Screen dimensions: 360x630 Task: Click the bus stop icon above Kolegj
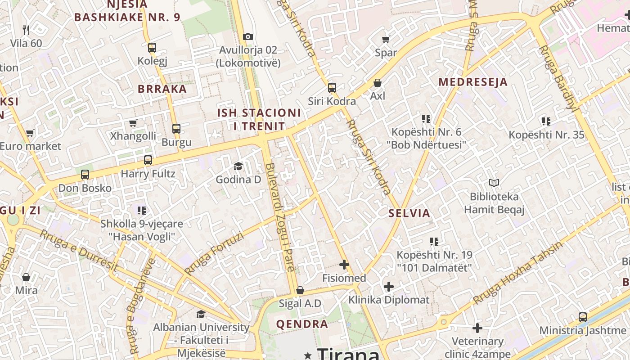(x=152, y=47)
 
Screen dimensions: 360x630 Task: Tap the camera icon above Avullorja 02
(x=247, y=36)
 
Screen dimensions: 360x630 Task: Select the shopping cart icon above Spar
(x=386, y=40)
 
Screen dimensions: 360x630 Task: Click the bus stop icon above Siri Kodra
(x=332, y=88)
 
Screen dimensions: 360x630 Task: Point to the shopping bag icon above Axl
(x=378, y=83)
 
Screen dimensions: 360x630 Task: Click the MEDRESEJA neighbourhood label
(x=473, y=82)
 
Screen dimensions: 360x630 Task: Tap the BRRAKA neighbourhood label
(x=162, y=89)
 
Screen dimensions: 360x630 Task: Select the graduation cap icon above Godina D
(x=238, y=166)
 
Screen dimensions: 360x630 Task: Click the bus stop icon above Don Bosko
(x=85, y=175)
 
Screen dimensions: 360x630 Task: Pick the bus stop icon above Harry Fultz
(x=148, y=160)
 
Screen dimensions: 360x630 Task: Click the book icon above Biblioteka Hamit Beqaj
(x=494, y=183)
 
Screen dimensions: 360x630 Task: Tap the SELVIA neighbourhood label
(x=409, y=213)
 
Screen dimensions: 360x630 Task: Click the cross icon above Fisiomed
(x=344, y=265)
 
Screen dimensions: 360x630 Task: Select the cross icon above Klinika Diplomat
(x=389, y=286)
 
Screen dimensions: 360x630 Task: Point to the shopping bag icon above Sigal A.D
(x=300, y=290)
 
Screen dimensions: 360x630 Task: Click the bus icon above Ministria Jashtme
(x=583, y=317)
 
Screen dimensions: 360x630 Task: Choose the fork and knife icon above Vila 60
(x=26, y=30)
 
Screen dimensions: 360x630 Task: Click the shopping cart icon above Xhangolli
(x=133, y=123)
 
